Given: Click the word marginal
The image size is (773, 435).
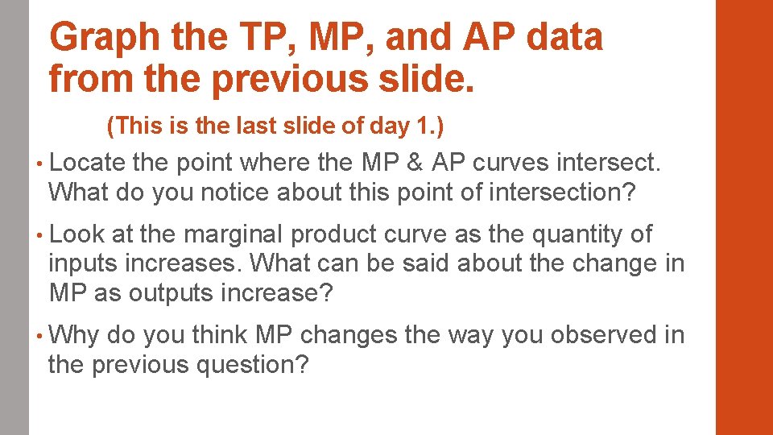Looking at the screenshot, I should coord(234,234).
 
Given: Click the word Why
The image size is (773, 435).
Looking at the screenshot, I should coord(73,335).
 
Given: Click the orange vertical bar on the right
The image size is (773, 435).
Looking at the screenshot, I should coord(744,217).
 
